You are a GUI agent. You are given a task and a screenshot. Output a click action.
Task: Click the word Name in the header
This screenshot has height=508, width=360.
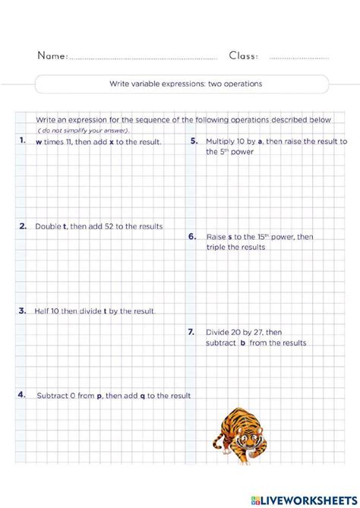52,55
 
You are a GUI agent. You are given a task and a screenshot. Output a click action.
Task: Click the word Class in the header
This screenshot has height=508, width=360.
243,55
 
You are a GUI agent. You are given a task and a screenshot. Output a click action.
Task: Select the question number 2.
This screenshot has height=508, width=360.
24,226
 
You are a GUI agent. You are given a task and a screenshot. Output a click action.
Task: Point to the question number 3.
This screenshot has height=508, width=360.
23,311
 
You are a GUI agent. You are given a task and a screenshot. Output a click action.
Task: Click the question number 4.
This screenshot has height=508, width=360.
23,395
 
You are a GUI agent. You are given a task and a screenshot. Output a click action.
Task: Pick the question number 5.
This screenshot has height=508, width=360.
194,141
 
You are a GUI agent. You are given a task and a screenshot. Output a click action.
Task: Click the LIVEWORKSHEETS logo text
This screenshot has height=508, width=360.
311,499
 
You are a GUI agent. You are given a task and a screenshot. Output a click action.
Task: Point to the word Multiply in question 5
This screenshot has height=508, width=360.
220,141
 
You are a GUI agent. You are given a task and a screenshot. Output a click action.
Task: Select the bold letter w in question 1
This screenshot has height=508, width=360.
39,142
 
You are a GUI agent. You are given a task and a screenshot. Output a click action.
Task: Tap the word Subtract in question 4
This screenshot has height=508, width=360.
54,396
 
